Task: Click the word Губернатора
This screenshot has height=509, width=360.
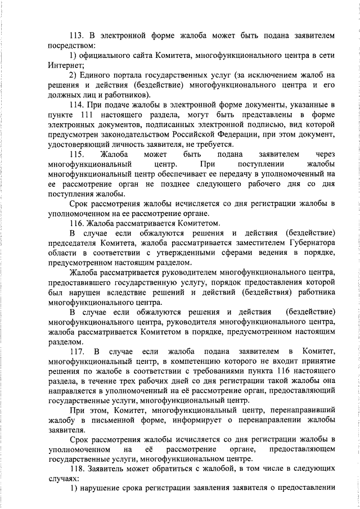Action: pyautogui.click(x=309, y=242)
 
